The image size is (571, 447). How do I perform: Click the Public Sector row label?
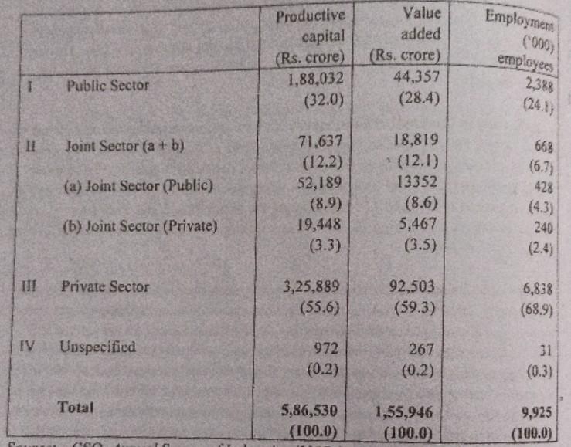(107, 85)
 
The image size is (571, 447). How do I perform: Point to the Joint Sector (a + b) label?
(124, 144)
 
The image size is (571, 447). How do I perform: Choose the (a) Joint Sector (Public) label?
(138, 185)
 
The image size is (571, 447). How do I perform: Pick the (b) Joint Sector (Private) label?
(140, 226)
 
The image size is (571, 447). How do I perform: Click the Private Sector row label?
(105, 286)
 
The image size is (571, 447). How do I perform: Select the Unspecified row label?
(97, 347)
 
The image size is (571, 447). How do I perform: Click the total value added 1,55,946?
(406, 413)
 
